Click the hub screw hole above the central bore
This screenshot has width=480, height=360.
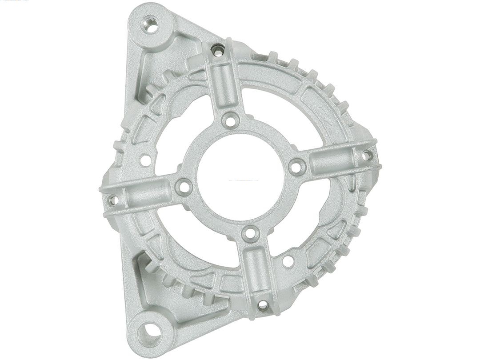(x=230, y=120)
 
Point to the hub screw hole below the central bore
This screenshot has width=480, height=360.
(x=251, y=232)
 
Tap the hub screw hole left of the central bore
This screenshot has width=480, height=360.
(x=184, y=187)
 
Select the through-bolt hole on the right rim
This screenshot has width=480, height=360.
(x=366, y=156)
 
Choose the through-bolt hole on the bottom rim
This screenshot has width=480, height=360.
(x=263, y=305)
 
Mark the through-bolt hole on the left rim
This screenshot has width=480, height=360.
(x=112, y=200)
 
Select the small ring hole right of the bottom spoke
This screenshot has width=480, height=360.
(x=288, y=261)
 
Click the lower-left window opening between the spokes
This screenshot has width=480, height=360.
(x=196, y=236)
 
